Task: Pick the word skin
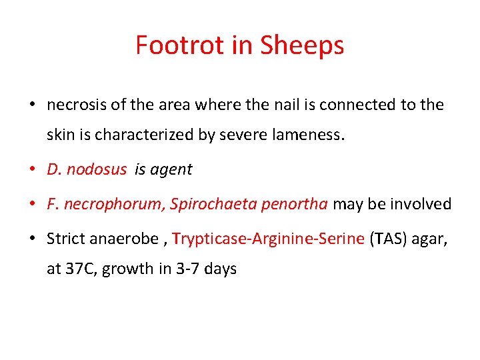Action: [59, 135]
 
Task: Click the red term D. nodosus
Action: [86, 169]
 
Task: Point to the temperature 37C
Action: [77, 269]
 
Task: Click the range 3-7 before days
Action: [189, 269]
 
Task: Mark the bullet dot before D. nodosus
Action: [31, 169]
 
